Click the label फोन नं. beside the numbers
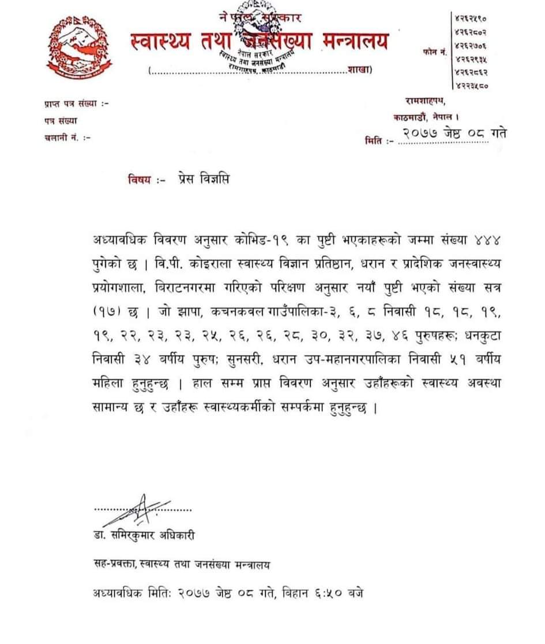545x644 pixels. click(435, 53)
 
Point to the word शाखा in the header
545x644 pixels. click(359, 70)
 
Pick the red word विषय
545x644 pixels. click(143, 180)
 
